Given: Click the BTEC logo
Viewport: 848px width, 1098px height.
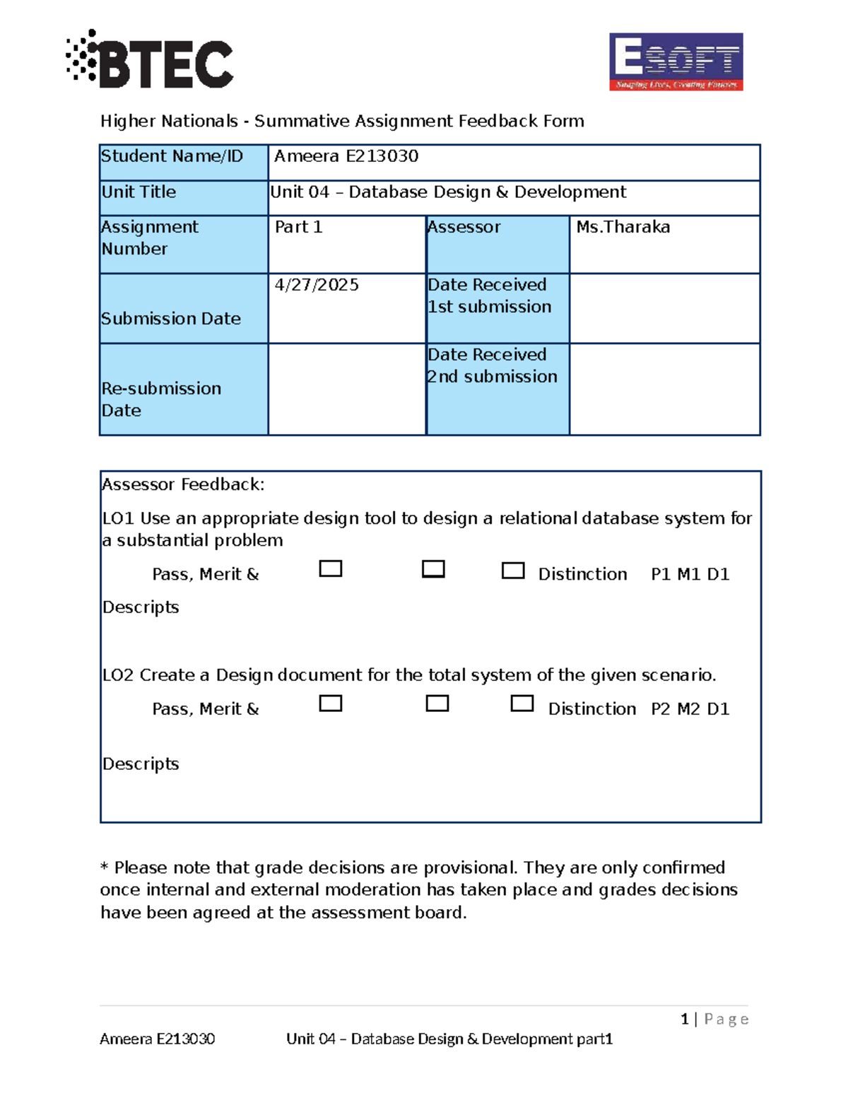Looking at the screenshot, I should click(150, 60).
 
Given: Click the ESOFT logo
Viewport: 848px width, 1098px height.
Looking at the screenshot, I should click(676, 62).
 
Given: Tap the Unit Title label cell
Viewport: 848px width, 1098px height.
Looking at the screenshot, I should click(139, 192).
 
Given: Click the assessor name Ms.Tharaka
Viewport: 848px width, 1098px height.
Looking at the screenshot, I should click(623, 227).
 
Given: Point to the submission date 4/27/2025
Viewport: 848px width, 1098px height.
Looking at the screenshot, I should click(317, 285).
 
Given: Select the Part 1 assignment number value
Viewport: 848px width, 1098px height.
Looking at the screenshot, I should click(298, 227).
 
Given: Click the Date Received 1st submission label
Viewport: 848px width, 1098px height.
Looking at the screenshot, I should click(489, 296).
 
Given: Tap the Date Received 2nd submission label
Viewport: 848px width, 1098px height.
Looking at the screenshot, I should click(492, 366).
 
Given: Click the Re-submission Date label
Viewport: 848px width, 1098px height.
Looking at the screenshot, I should click(161, 399).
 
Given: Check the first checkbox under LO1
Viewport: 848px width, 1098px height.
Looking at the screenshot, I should click(331, 569).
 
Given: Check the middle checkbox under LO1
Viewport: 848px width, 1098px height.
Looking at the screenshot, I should click(433, 569).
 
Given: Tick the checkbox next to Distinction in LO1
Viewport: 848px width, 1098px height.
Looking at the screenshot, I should click(513, 571).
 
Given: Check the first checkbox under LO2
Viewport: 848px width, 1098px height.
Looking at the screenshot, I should click(331, 703).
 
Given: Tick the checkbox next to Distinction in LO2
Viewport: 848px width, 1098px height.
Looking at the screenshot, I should click(522, 703).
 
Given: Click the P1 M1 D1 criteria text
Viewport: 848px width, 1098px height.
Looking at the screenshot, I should click(690, 574).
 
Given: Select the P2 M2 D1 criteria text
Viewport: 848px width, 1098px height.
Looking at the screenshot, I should click(690, 708).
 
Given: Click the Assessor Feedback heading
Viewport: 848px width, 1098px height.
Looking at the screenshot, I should click(183, 484).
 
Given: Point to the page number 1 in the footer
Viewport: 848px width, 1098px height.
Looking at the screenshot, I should click(684, 1019).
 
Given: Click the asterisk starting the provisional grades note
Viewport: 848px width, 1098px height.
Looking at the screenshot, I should click(105, 868).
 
